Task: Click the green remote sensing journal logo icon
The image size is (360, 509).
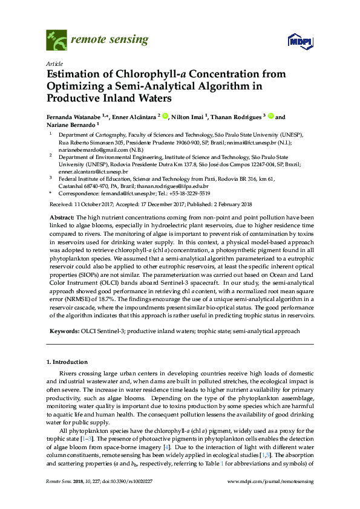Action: point(57,41)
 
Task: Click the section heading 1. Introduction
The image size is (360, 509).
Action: point(67,361)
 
